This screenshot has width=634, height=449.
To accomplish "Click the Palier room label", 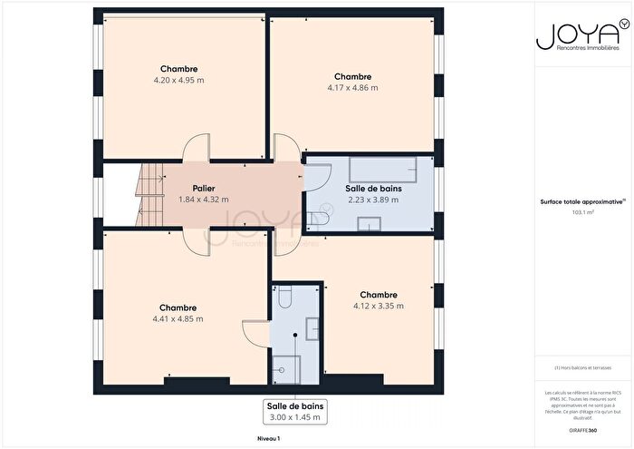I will coord(203,188).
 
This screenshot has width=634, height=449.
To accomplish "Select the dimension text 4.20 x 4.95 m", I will coord(178,80).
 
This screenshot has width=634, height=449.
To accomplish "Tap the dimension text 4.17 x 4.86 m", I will coord(352,88).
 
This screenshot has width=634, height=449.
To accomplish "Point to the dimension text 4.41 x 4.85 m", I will coord(178,318).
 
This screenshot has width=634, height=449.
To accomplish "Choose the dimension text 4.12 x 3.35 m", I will coord(378,306).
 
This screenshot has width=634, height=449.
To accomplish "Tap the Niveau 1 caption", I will coord(268,438).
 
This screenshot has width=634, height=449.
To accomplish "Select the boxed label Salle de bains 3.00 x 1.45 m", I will coord(295,411).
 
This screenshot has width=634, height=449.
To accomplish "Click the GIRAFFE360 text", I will coord(570,428).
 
